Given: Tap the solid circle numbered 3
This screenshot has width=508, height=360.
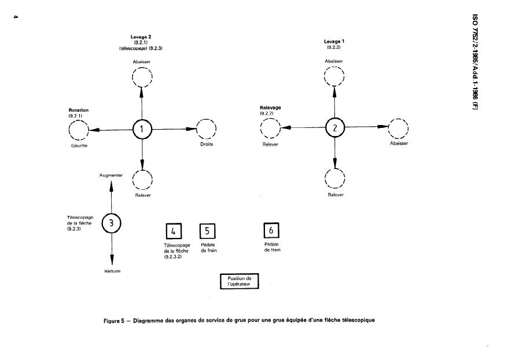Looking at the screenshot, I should point(111,223).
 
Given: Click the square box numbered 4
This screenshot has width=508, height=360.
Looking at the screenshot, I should point(174,232).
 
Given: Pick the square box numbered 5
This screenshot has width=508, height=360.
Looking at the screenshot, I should point(208,231).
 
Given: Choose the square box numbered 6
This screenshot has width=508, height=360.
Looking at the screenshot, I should point(272,230).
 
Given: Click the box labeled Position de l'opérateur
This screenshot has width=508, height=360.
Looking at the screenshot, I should point(240,281).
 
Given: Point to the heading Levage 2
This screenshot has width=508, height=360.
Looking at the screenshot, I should point(141,37).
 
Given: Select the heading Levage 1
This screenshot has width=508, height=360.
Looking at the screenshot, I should point(334,42).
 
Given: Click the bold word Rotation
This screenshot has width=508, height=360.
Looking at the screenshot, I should point(78,110).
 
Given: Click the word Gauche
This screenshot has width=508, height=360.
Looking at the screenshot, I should point(78,146).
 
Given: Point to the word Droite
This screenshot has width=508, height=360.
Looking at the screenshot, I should point(207,144).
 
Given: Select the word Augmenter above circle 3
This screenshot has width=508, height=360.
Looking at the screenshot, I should point(111,174).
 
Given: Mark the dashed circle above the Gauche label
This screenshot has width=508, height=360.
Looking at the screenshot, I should point(79,131).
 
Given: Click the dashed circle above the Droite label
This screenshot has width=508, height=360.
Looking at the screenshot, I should point(206,128).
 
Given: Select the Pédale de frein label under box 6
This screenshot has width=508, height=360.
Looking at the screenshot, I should point(272,247).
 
